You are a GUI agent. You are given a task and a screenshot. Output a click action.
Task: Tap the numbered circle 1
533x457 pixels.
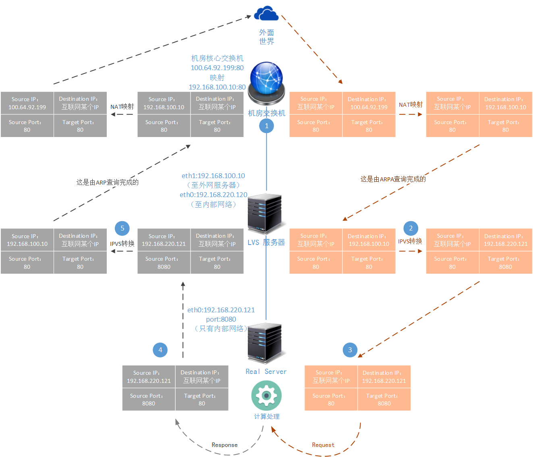pyautogui.click(x=266, y=126)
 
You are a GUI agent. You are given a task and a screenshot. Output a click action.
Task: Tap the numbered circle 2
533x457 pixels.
pyautogui.click(x=411, y=228)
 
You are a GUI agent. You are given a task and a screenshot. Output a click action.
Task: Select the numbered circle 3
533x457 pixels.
pyautogui.click(x=350, y=350)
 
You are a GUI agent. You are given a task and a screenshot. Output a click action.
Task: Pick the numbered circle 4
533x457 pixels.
pyautogui.click(x=160, y=350)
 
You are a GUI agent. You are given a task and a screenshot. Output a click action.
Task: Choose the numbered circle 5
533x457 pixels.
pyautogui.click(x=122, y=228)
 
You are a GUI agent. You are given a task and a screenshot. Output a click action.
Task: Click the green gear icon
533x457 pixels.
pyautogui.click(x=266, y=395)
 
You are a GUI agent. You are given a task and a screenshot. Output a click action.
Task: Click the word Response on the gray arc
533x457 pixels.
pyautogui.click(x=224, y=445)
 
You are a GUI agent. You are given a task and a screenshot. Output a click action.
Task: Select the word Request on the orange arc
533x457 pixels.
pyautogui.click(x=323, y=445)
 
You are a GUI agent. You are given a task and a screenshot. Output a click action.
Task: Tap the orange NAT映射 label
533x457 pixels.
pyautogui.click(x=411, y=105)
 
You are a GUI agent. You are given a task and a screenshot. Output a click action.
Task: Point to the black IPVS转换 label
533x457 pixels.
pyautogui.click(x=122, y=243)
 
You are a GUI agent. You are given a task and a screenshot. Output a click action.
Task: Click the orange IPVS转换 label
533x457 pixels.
pyautogui.click(x=410, y=241)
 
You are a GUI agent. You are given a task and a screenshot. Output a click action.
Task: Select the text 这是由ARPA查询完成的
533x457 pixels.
pyautogui.click(x=393, y=179)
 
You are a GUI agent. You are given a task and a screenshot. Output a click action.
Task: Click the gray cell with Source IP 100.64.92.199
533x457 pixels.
pyautogui.click(x=27, y=103)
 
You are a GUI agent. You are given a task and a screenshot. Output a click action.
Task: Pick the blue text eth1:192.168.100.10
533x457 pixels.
pyautogui.click(x=213, y=176)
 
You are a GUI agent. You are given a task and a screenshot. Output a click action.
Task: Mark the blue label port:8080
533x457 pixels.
pyautogui.click(x=221, y=319)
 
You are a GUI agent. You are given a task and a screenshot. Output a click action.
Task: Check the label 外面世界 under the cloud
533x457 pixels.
pyautogui.click(x=266, y=37)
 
